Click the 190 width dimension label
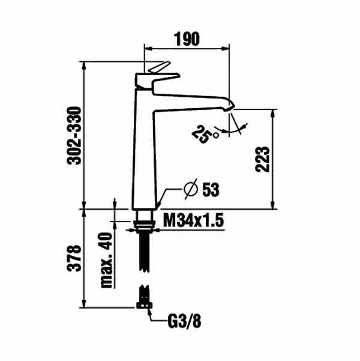click(x=187, y=39)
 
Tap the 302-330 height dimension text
click(x=74, y=136)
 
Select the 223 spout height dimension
click(x=262, y=159)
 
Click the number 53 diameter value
click(x=211, y=190)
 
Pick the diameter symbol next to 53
click(x=191, y=189)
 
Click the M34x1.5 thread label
click(x=193, y=220)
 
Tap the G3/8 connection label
click(x=184, y=321)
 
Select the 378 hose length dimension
click(x=74, y=258)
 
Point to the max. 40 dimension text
click(x=106, y=260)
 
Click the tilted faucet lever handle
click(x=159, y=67)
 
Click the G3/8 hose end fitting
click(x=144, y=305)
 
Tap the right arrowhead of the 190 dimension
click(x=225, y=49)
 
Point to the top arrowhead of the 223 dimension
click(x=273, y=114)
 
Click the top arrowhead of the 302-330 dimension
click(x=84, y=66)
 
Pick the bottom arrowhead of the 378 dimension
click(x=84, y=303)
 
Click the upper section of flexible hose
click(x=145, y=252)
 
